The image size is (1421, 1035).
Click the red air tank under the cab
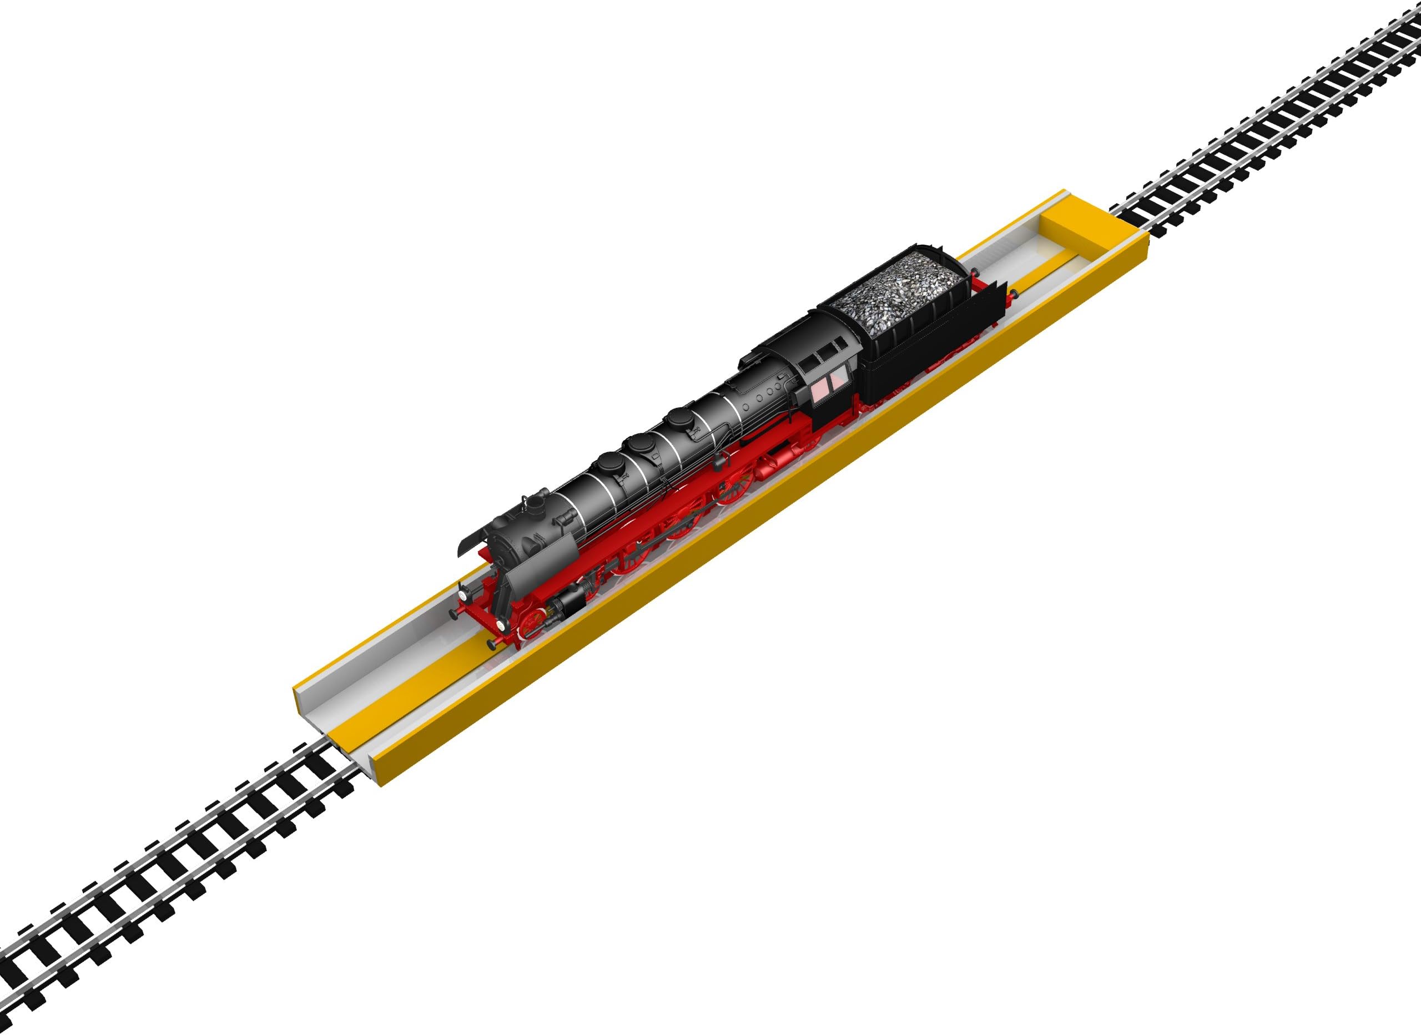point(769,465)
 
